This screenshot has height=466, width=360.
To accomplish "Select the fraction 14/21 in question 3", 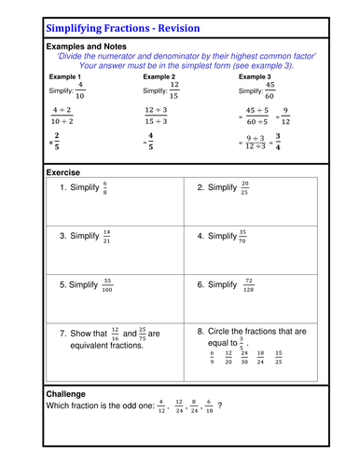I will coord(107,236).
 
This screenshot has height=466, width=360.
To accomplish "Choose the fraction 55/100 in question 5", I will coord(109,285).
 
